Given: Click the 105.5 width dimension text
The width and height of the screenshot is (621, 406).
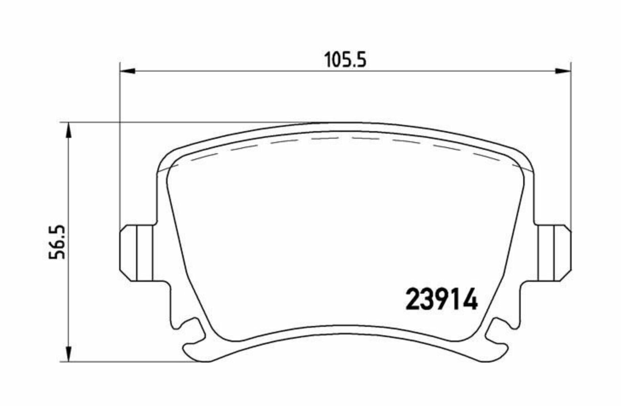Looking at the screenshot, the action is [x=345, y=60].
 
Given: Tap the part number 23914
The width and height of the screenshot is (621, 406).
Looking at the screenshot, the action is [x=442, y=299].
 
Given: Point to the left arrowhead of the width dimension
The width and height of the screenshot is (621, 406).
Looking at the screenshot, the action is [x=128, y=71].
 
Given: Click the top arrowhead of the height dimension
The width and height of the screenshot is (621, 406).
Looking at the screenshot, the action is [x=68, y=130].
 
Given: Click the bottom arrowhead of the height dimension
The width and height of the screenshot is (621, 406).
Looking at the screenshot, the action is [x=68, y=354].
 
